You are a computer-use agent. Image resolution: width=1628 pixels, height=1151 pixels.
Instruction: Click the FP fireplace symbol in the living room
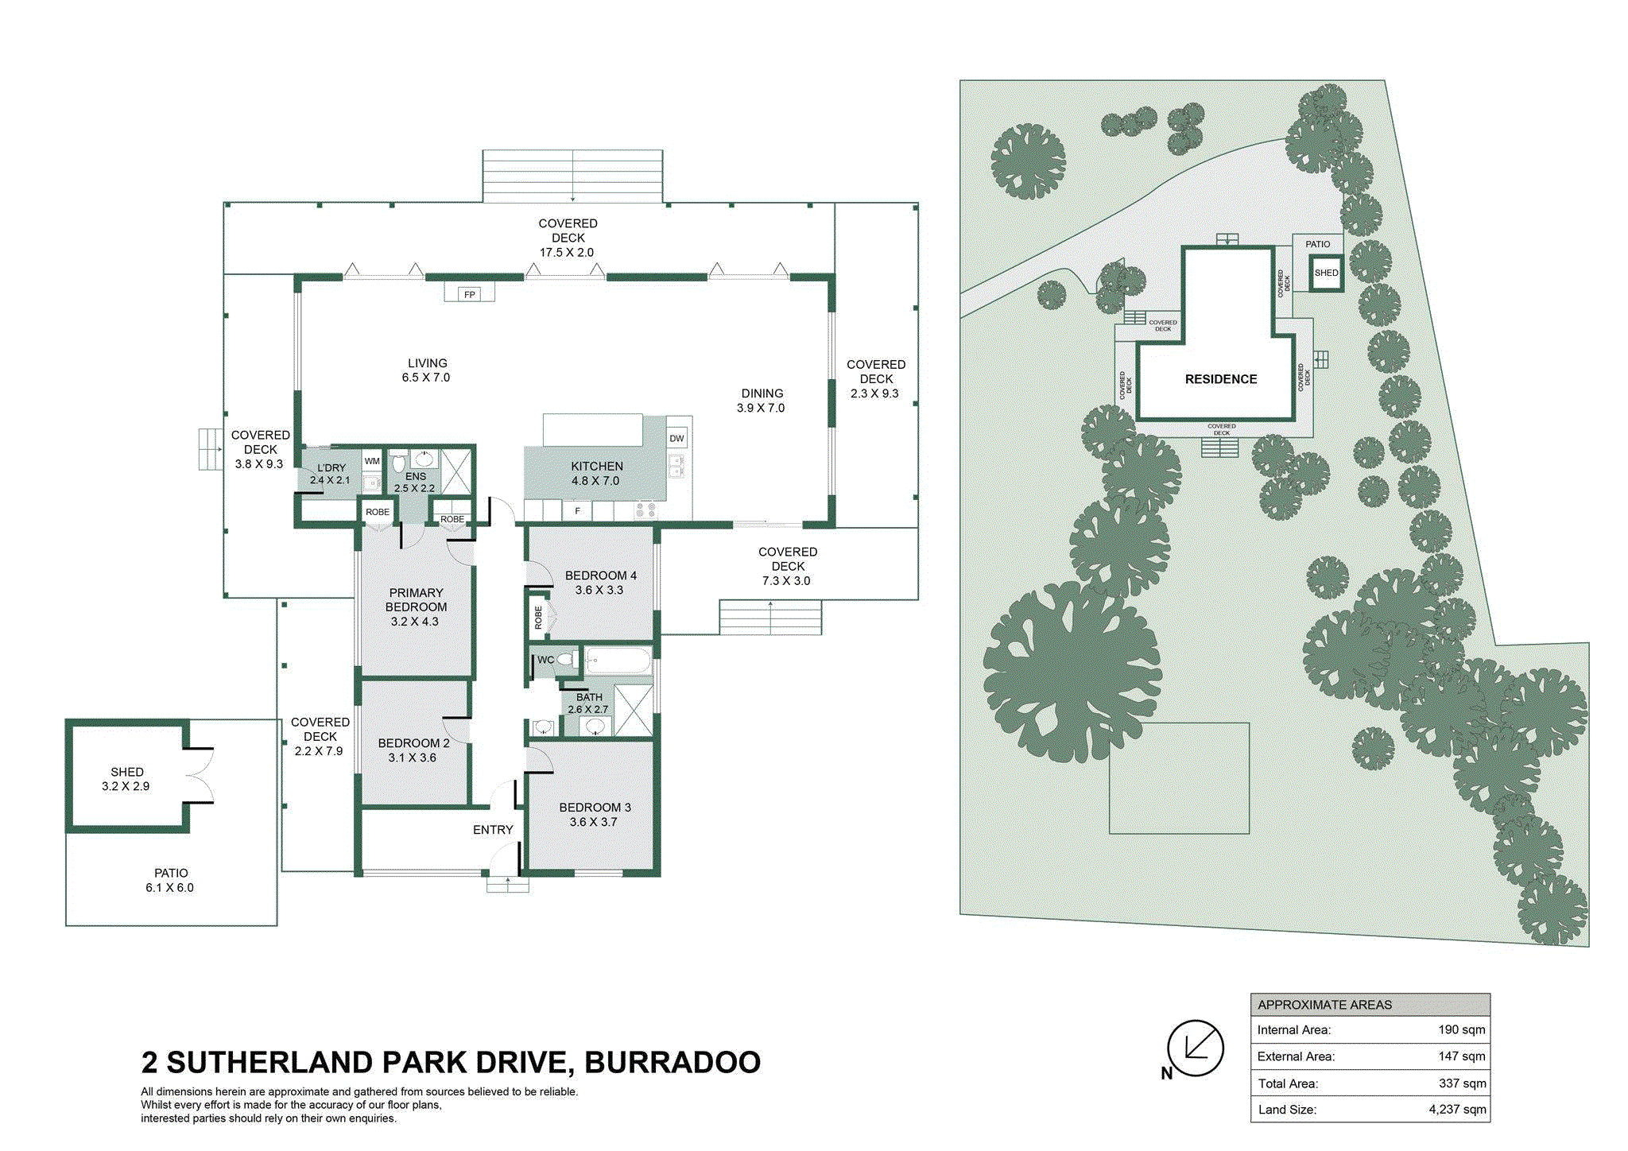[469, 293]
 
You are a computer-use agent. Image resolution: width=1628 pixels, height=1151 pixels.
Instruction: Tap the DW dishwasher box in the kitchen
[676, 438]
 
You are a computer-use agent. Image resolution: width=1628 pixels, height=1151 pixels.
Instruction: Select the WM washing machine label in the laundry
[372, 461]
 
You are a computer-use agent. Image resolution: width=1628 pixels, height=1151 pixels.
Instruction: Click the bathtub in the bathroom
[618, 660]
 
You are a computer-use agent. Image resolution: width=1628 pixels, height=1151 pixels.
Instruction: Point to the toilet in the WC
[566, 659]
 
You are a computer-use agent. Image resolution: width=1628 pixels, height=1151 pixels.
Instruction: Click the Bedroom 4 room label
[600, 583]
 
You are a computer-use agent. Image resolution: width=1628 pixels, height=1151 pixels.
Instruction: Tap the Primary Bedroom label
[416, 607]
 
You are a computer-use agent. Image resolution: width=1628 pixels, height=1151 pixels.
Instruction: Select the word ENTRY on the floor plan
[493, 830]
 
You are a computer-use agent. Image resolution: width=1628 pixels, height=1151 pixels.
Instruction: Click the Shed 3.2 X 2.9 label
[126, 779]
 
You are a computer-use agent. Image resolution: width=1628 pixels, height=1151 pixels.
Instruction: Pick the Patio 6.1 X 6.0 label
[170, 880]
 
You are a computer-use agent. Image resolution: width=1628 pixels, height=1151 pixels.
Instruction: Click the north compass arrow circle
[1195, 1048]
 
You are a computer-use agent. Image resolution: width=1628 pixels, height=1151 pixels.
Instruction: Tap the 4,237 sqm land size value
[1457, 1110]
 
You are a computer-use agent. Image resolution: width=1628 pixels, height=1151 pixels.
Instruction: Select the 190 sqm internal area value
[1461, 1029]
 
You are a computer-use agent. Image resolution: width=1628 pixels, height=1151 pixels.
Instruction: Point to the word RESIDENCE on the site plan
[1221, 379]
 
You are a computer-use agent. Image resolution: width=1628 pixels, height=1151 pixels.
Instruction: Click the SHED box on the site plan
[1326, 273]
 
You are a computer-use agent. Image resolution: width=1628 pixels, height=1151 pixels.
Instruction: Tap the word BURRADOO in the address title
[673, 1063]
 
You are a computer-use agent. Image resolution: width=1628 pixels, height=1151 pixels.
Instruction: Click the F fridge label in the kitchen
[578, 511]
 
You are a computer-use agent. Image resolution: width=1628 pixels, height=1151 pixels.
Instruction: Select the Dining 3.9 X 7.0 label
[762, 401]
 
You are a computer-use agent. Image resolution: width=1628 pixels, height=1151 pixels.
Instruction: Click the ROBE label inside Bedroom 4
[538, 618]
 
